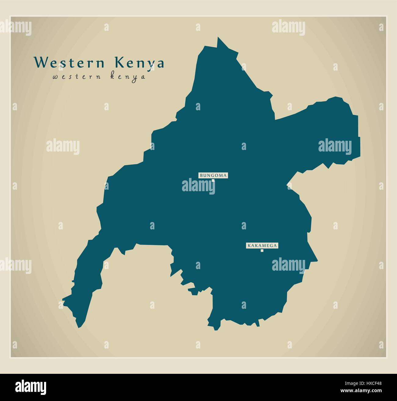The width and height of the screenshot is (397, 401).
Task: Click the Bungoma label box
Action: [x=213, y=175]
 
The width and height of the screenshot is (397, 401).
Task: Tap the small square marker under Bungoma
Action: [x=213, y=180]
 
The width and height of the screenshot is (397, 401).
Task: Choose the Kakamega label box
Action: [x=262, y=245]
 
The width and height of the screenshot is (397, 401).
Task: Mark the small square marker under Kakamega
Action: [x=262, y=251]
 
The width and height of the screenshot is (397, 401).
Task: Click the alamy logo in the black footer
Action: [x=31, y=387]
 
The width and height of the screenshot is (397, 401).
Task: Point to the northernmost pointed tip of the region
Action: [x=218, y=38]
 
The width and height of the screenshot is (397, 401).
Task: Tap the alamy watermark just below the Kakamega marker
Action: [x=288, y=264]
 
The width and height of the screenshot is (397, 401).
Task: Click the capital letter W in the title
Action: [x=40, y=63]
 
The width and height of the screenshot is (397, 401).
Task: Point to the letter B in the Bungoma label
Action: [x=201, y=176]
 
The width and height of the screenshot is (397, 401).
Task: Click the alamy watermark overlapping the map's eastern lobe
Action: [x=335, y=146]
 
